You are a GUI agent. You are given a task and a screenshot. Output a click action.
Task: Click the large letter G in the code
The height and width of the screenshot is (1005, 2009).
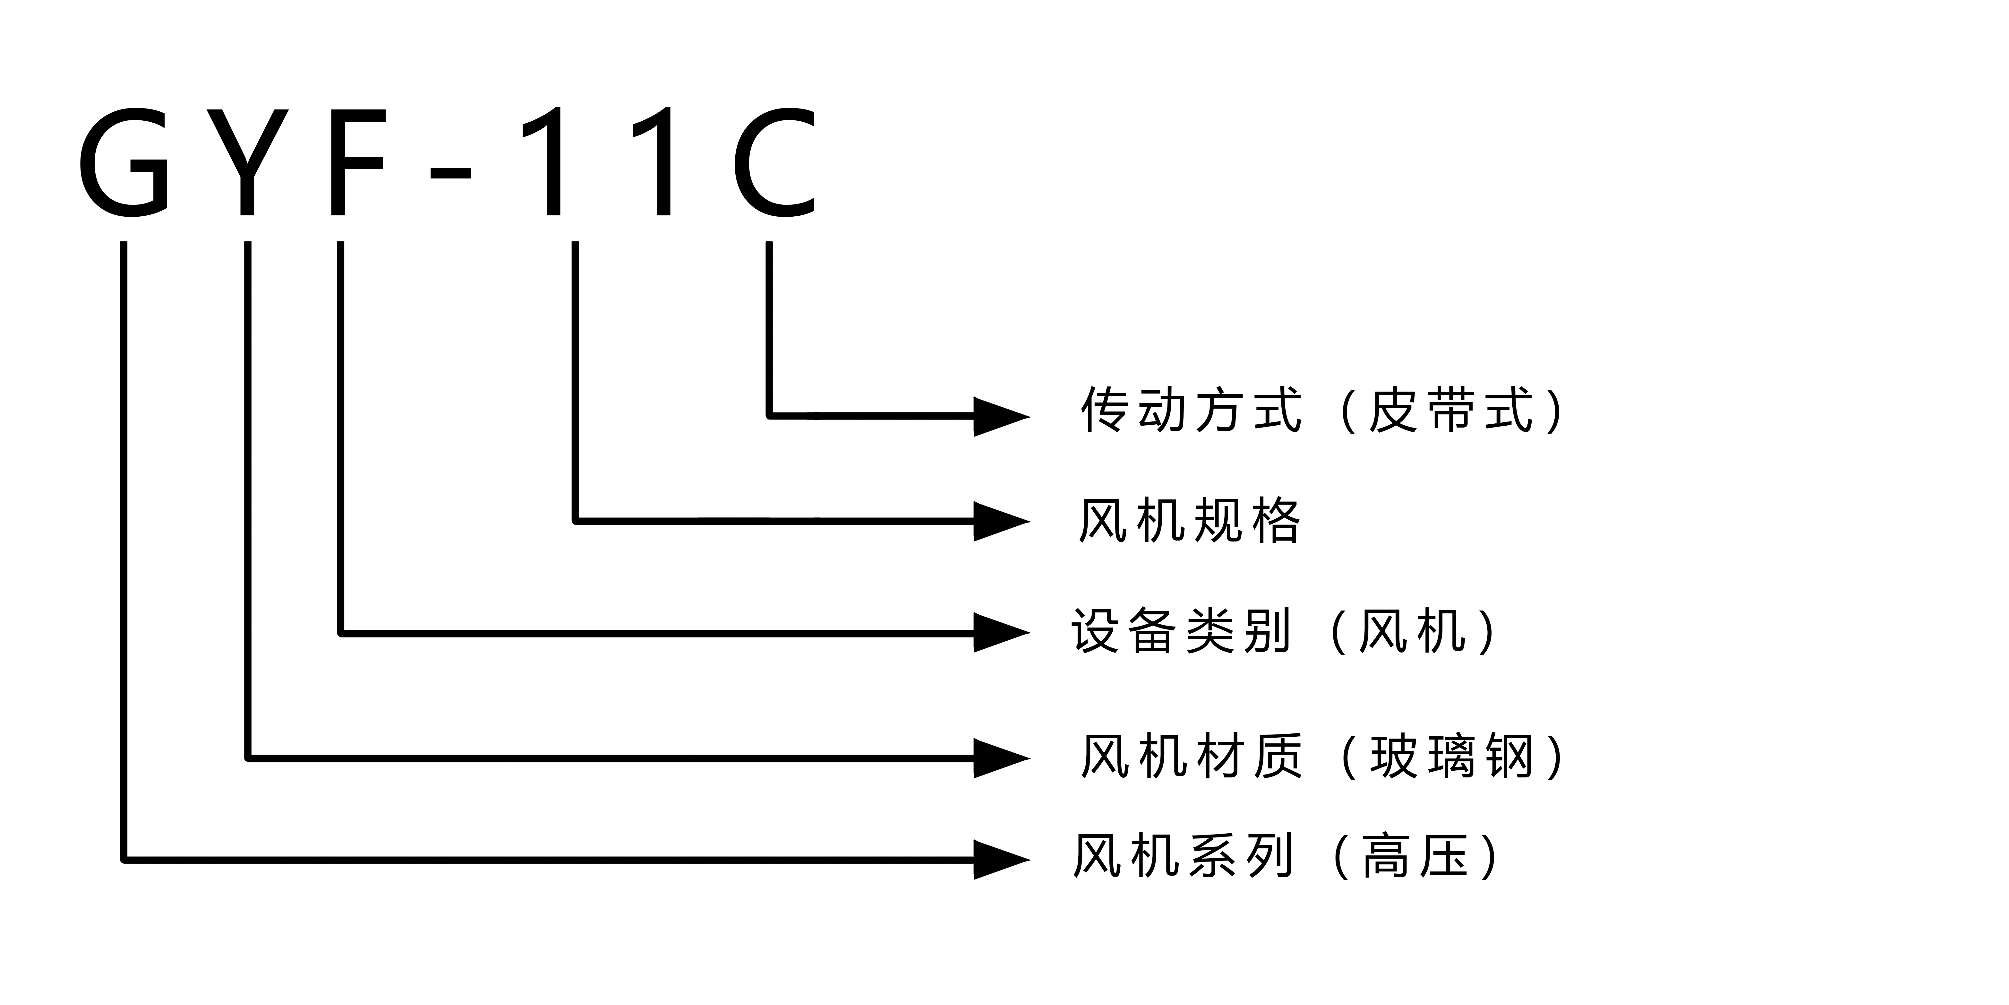click(x=125, y=162)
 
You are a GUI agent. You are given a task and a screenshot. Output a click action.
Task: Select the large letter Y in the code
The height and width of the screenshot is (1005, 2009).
click(x=247, y=162)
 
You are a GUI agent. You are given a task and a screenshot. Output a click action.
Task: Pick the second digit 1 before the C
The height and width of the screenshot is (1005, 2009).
click(x=659, y=162)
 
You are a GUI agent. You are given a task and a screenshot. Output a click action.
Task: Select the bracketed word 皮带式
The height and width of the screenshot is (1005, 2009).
click(x=1450, y=410)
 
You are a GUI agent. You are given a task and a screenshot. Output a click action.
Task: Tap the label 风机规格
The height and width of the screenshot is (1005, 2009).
click(x=1189, y=520)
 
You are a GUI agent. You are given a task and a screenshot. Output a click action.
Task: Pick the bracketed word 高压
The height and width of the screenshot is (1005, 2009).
click(x=1415, y=857)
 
